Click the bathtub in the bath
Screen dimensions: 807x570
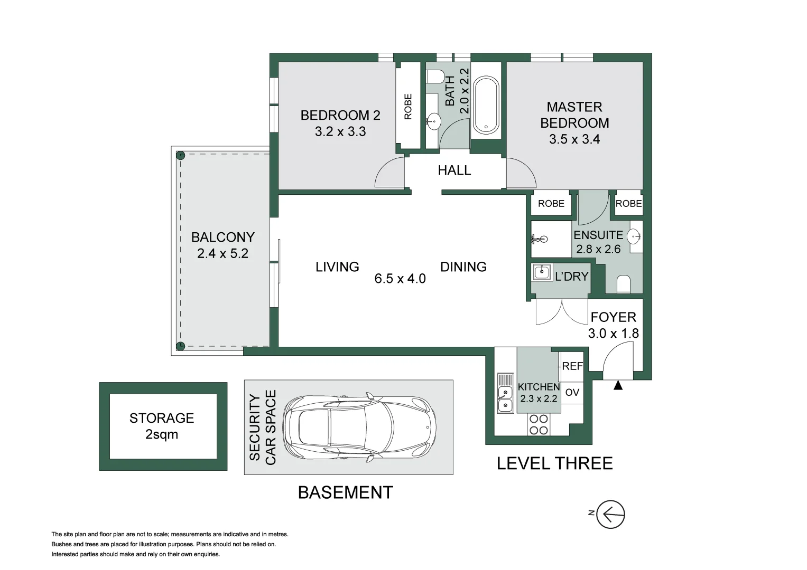point(486,105)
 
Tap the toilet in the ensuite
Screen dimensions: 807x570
point(624,284)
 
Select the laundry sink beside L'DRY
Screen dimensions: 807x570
point(541,272)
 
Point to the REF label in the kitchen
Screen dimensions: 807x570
point(572,366)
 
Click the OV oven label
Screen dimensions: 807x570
point(572,392)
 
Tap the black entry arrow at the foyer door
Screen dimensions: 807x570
point(618,385)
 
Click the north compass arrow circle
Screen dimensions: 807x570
point(610,514)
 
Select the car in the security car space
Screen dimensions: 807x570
point(359,427)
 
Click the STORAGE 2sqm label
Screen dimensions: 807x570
point(162,426)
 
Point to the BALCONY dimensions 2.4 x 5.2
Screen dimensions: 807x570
point(222,253)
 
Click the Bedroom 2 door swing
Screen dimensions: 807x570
point(389,173)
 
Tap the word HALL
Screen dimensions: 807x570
point(454,170)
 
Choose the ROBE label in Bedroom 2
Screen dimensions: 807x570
point(408,107)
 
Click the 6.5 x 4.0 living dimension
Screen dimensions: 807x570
point(400,279)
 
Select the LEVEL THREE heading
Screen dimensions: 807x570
point(555,463)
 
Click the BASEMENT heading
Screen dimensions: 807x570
point(346,492)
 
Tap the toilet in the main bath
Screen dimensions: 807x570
point(435,77)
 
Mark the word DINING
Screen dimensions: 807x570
point(463,267)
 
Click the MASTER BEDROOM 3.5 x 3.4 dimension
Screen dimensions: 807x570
point(574,139)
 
